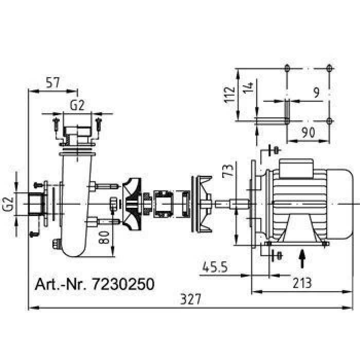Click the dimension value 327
point(191,299)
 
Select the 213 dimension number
point(302,283)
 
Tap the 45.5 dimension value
point(215,267)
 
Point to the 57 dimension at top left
point(53,83)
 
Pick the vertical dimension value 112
point(230,95)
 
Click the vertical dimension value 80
point(103,237)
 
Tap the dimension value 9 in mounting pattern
point(317,93)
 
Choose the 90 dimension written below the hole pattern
point(309,133)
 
